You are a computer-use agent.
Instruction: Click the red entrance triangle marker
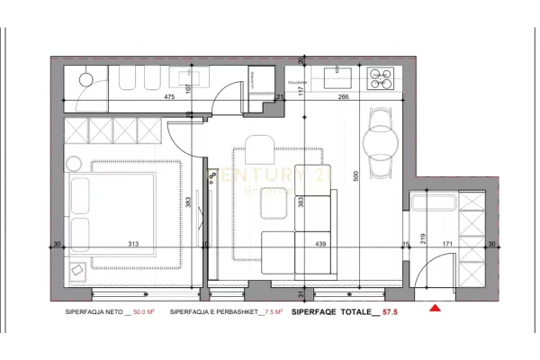(436, 309)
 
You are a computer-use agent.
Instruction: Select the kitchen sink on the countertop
(339, 74)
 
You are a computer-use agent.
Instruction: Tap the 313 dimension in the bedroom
(133, 244)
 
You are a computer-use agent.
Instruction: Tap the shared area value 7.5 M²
(272, 312)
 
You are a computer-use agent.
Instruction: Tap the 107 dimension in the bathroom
(188, 88)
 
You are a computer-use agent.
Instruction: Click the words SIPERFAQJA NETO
(92, 312)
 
